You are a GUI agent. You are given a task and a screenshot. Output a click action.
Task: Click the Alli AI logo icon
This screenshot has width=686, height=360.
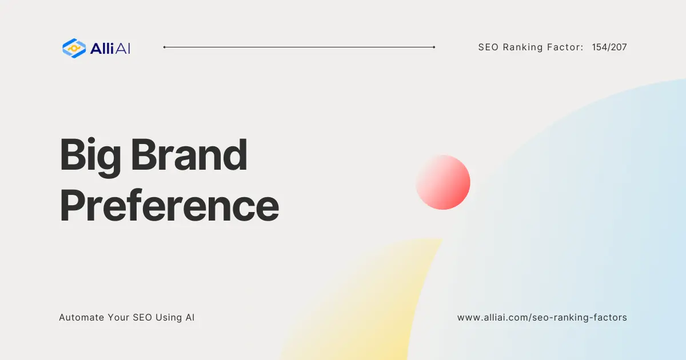(x=74, y=48)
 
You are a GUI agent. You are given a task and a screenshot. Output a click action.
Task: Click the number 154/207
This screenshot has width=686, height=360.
(x=609, y=47)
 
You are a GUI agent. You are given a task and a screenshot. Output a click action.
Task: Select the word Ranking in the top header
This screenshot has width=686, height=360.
(x=523, y=47)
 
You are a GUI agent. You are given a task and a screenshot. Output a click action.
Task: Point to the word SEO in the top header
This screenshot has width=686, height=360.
(x=489, y=47)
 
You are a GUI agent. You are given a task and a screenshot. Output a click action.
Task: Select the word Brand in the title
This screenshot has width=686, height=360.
(x=189, y=155)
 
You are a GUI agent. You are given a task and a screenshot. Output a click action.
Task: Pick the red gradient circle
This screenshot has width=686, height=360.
(x=443, y=182)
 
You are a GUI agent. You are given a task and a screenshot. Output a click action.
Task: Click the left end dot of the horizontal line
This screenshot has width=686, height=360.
(x=165, y=47)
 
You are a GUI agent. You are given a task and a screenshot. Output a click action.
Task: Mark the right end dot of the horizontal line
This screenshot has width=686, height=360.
(x=434, y=47)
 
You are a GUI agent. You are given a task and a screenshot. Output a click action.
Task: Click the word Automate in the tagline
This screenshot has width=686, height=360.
(x=81, y=317)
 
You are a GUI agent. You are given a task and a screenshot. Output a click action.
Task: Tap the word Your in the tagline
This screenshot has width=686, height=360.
(x=119, y=317)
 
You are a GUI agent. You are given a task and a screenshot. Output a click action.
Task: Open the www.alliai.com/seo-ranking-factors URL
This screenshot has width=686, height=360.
(x=542, y=317)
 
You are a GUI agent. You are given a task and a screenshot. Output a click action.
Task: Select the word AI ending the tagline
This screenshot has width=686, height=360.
(x=190, y=317)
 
